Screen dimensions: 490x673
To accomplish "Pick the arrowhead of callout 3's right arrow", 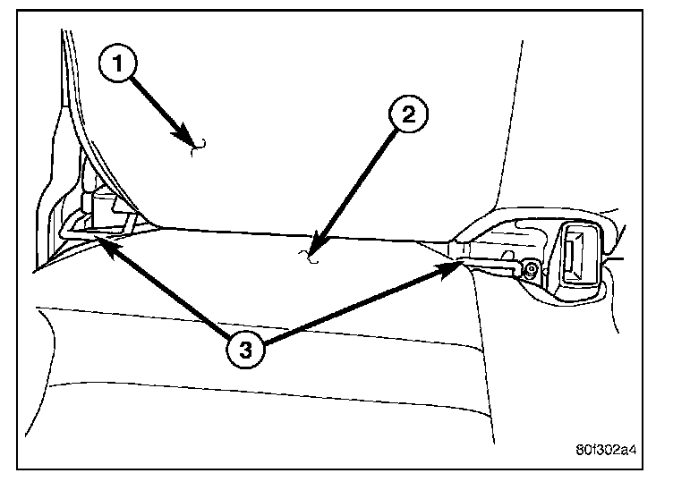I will click(456, 263).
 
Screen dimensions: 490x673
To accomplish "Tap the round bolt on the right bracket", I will click(532, 268).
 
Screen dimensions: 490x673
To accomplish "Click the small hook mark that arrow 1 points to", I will click(200, 147).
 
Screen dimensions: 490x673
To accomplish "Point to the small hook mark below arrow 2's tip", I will click(308, 260).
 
